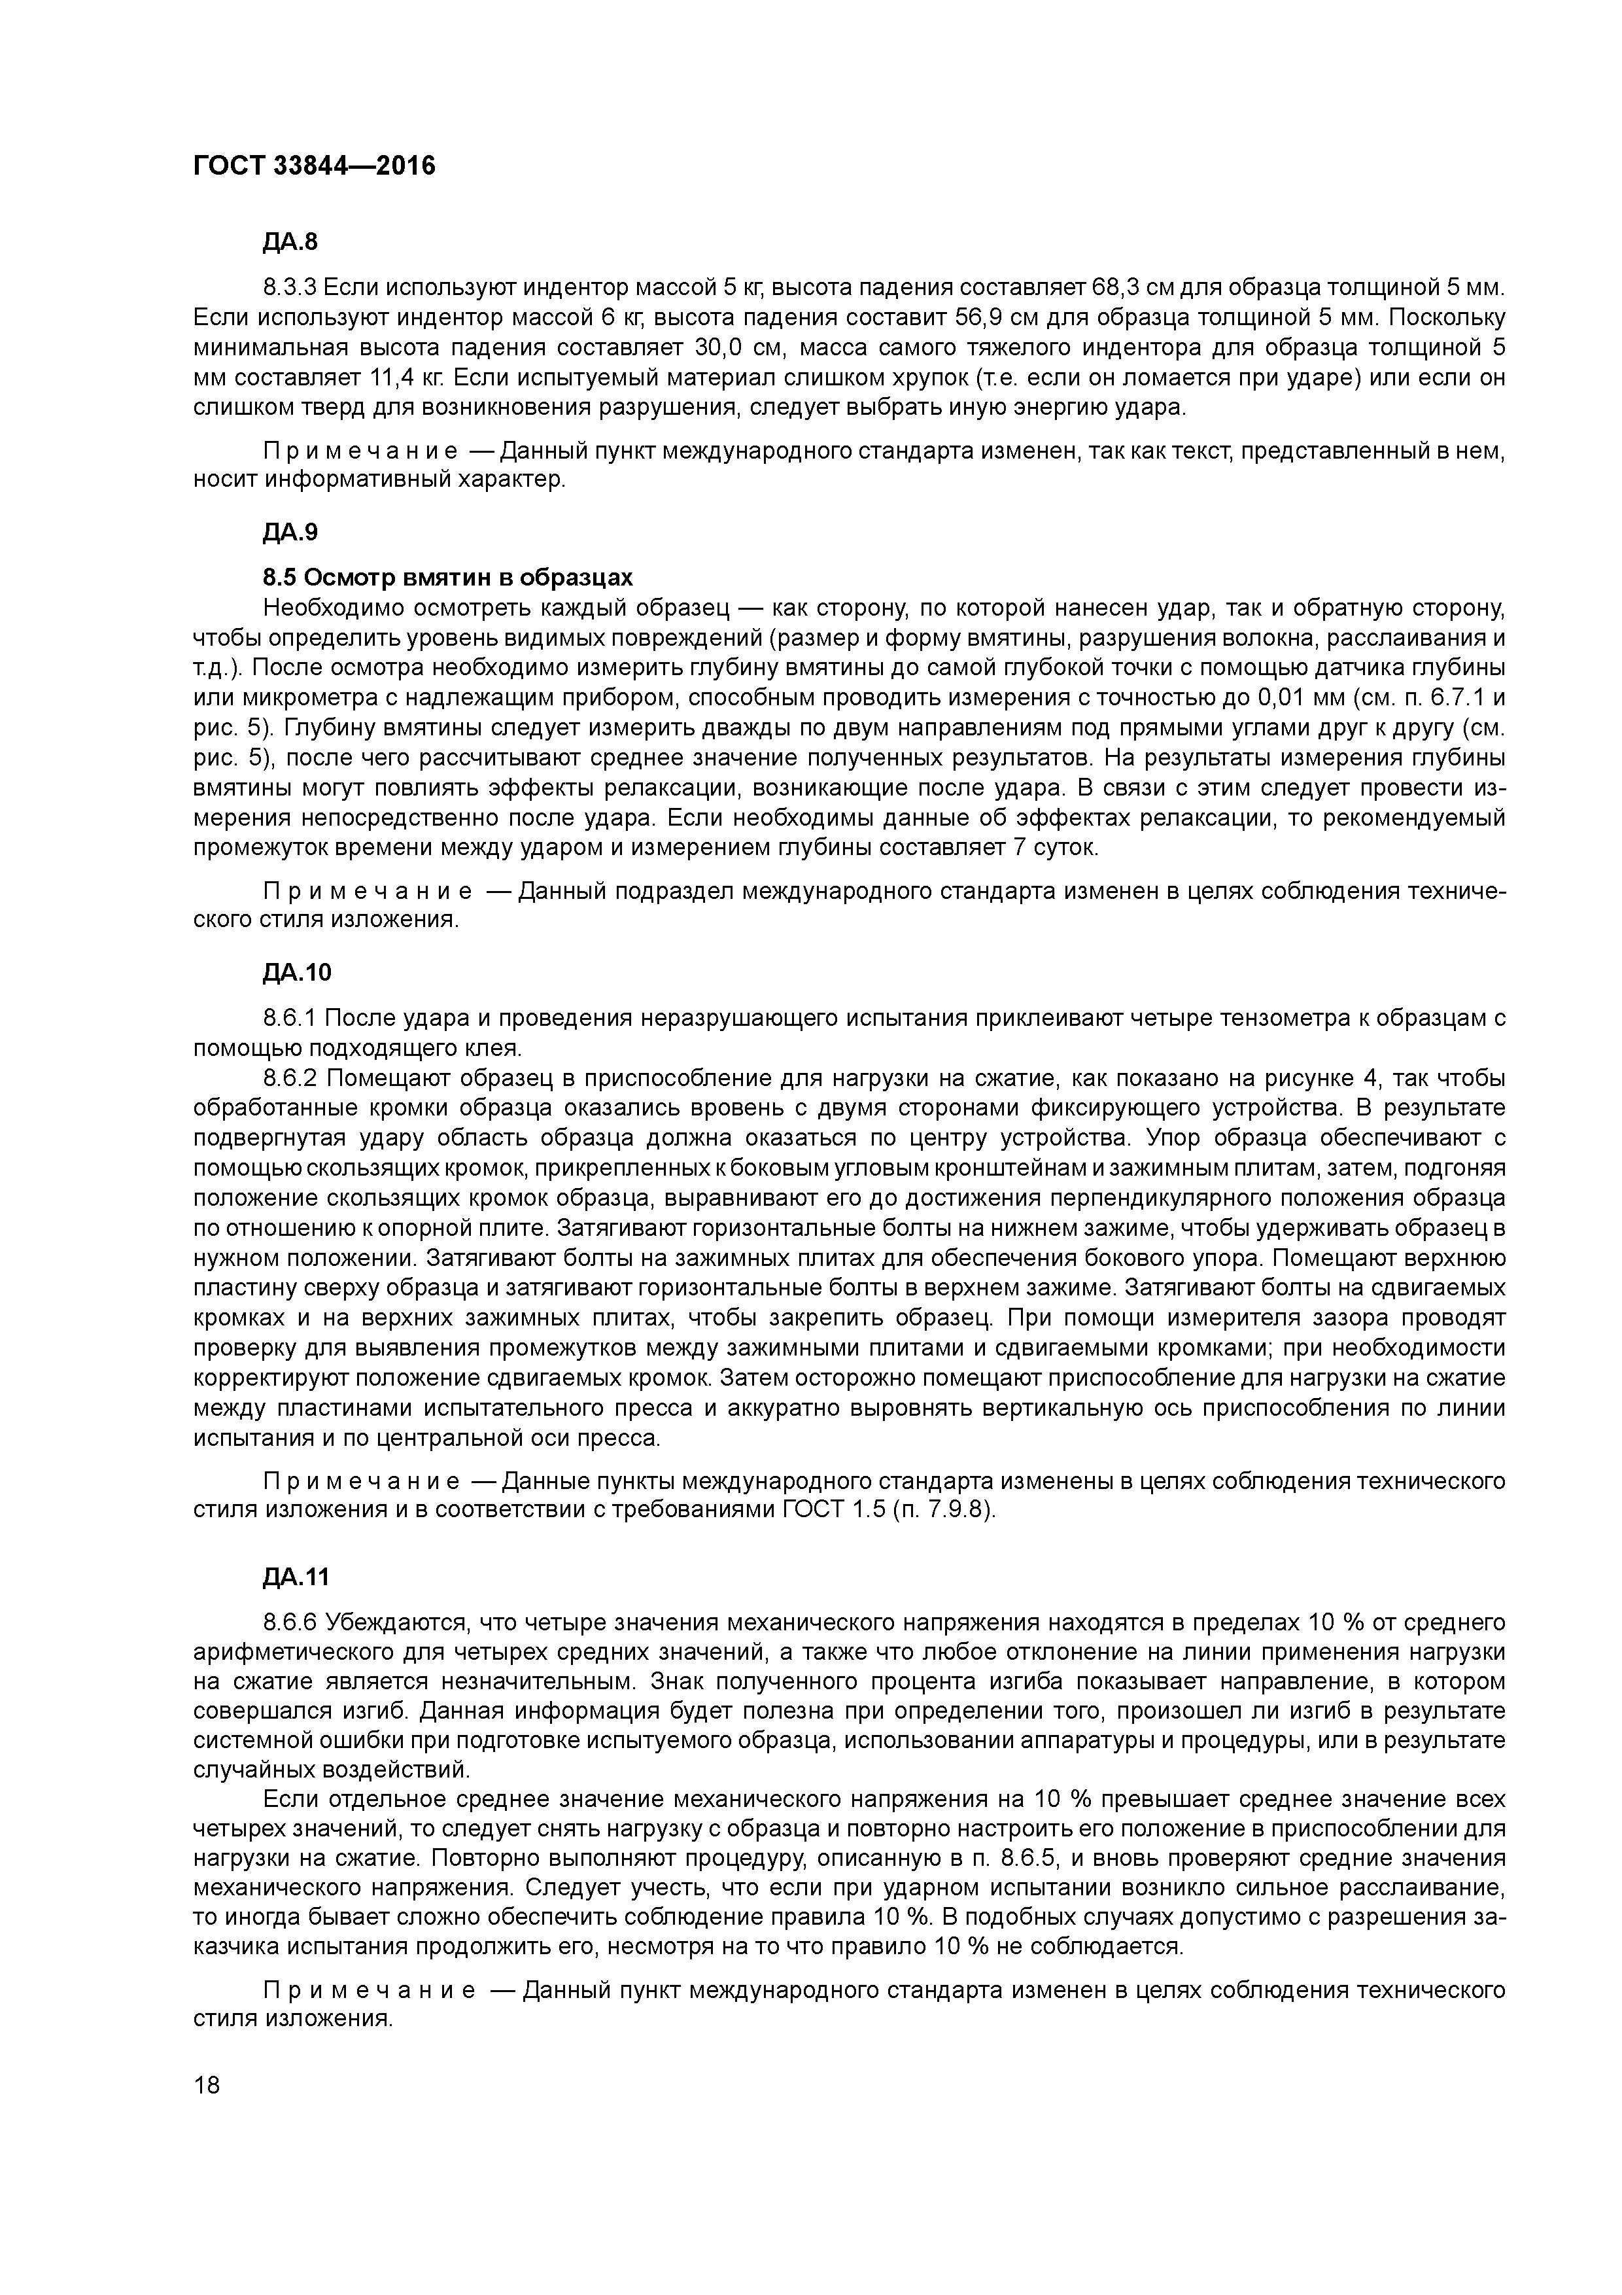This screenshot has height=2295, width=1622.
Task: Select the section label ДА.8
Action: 290,242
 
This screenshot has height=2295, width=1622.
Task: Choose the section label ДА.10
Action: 297,973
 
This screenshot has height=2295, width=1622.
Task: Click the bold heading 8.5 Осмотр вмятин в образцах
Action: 448,578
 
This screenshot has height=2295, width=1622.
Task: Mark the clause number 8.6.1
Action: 290,1019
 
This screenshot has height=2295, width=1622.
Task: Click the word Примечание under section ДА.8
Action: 362,451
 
